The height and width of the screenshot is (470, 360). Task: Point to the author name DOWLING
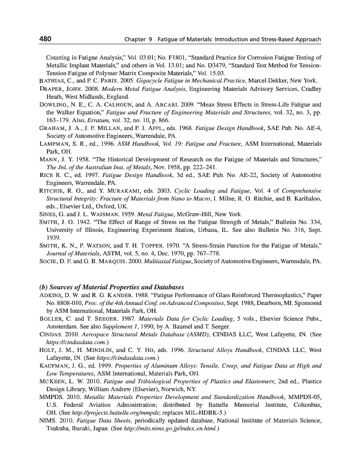(56, 104)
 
